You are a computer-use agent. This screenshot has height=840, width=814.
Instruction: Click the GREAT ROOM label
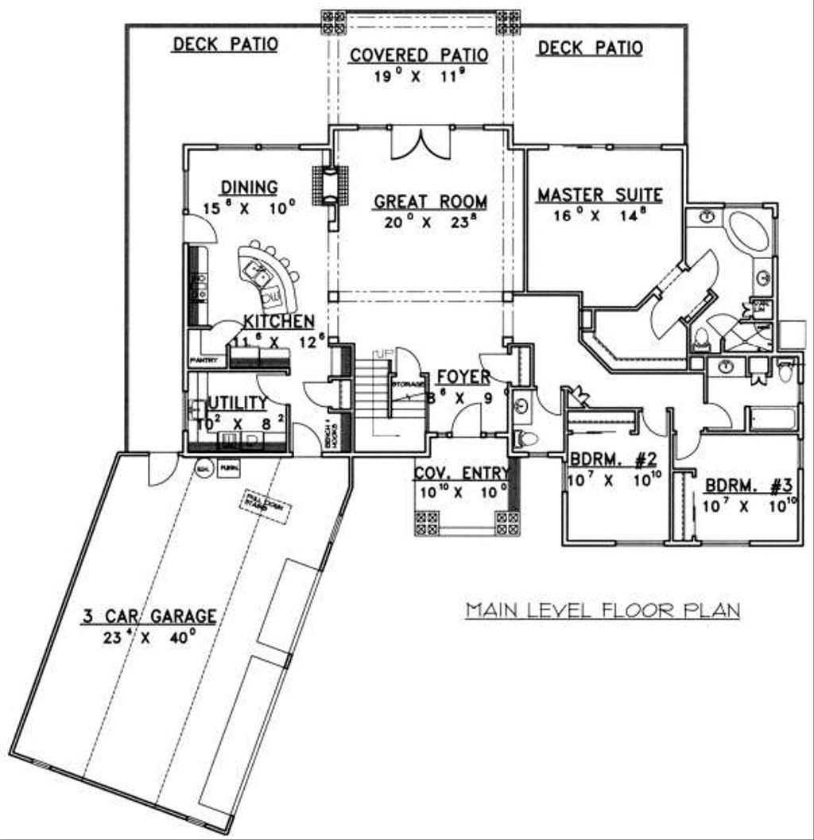pyautogui.click(x=430, y=202)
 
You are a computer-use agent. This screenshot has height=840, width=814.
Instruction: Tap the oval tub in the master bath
pyautogui.click(x=746, y=231)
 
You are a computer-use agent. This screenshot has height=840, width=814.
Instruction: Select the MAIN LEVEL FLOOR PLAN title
pyautogui.click(x=603, y=610)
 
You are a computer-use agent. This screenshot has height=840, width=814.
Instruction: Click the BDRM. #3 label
pyautogui.click(x=747, y=484)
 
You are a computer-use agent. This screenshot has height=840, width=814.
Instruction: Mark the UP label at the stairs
pyautogui.click(x=384, y=352)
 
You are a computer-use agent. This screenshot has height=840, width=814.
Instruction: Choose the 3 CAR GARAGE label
pyautogui.click(x=148, y=615)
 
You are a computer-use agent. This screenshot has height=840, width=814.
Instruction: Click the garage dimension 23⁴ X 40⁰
pyautogui.click(x=148, y=637)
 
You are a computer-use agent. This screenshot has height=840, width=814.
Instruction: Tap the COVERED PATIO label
pyautogui.click(x=419, y=56)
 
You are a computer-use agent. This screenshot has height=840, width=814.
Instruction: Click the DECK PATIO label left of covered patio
pyautogui.click(x=225, y=45)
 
